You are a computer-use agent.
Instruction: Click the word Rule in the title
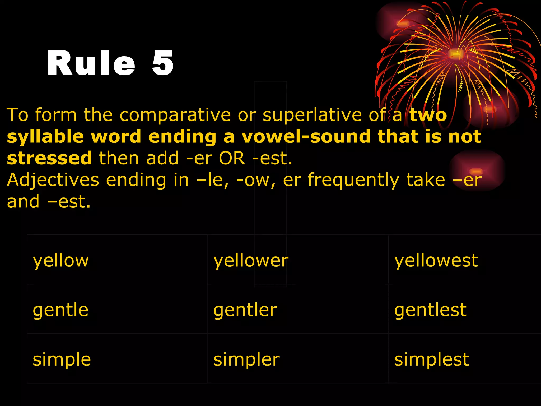(x=91, y=63)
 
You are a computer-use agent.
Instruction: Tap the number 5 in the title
(x=163, y=63)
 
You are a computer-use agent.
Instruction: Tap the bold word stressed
(x=49, y=158)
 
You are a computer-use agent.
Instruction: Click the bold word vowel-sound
(x=306, y=137)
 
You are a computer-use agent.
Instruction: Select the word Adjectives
(x=53, y=180)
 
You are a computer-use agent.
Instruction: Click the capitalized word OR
(x=232, y=158)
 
